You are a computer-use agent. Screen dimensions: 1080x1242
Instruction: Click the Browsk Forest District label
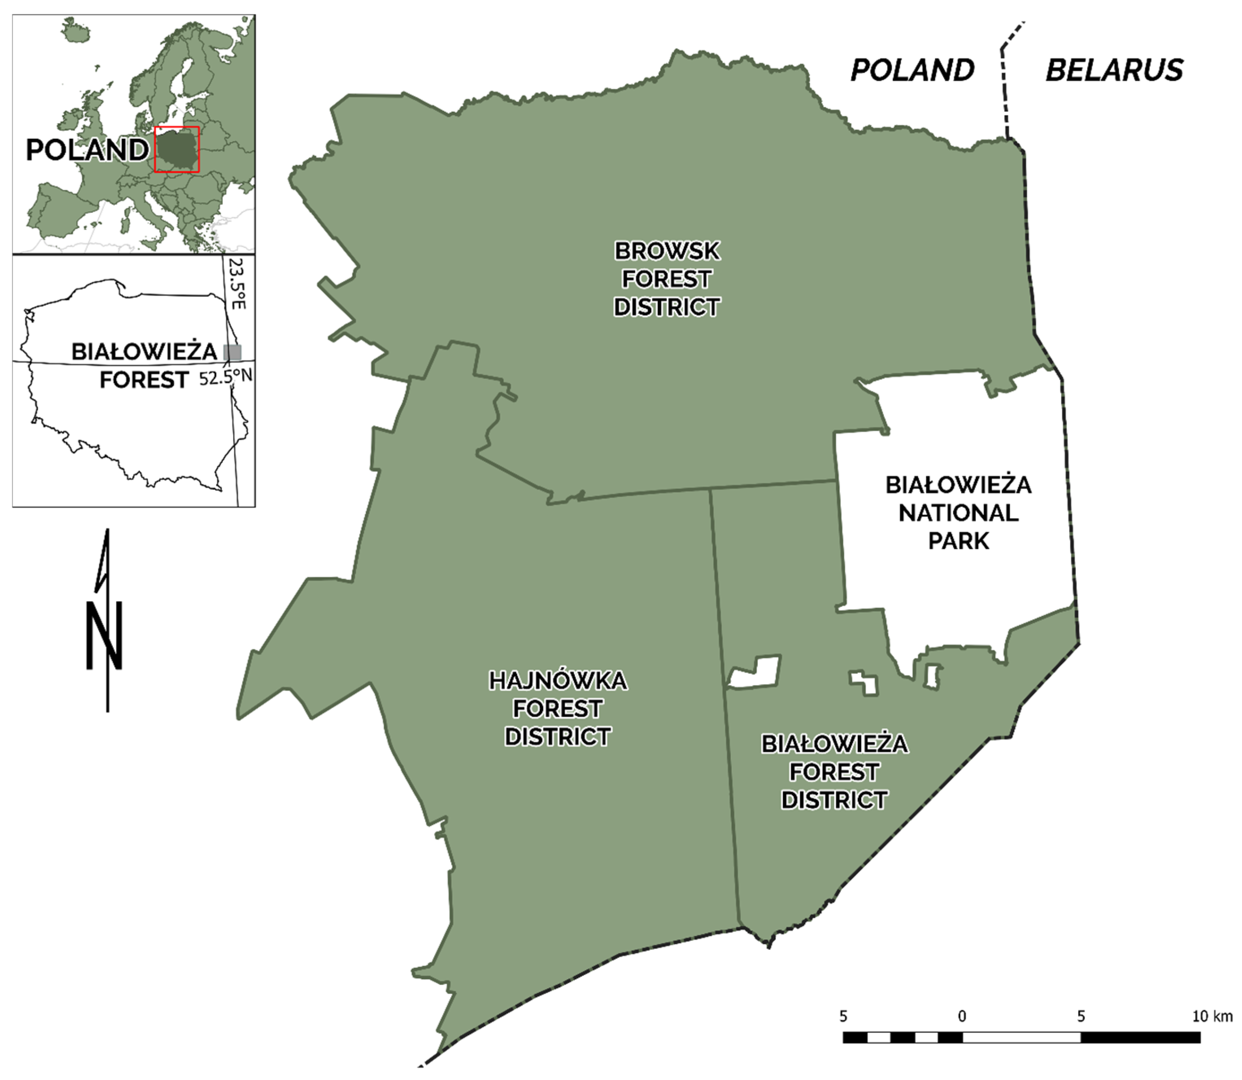tap(667, 279)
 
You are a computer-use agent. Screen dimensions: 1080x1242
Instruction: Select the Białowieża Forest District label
tap(834, 772)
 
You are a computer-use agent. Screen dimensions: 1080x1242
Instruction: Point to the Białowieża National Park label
tap(958, 513)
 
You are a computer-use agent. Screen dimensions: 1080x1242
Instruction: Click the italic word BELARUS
tap(1114, 70)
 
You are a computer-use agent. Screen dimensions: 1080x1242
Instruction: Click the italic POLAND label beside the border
tap(912, 70)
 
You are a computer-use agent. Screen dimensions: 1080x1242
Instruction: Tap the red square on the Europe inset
tap(176, 149)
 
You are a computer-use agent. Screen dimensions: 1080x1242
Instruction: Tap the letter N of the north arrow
tap(105, 635)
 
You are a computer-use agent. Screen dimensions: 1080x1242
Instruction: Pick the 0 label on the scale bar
tap(962, 1016)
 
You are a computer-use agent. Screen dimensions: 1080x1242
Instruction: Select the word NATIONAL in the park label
tap(958, 513)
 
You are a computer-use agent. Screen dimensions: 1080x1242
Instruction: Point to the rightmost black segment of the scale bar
tap(1140, 1037)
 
